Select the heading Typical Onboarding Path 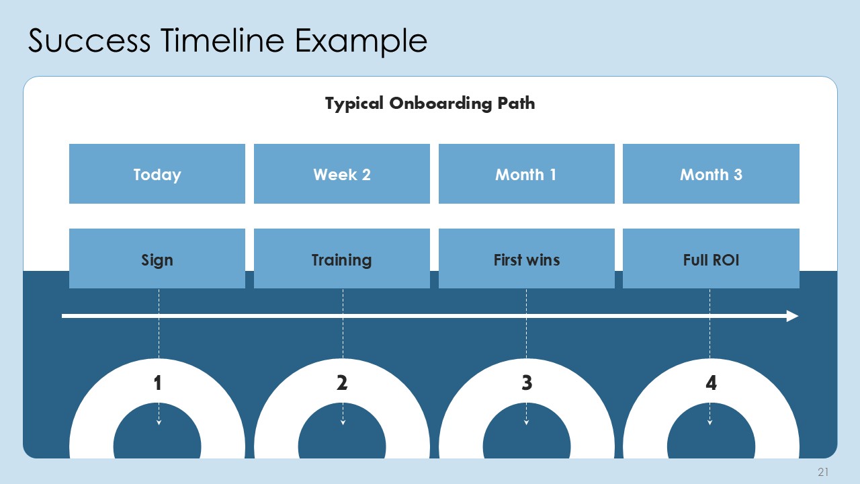point(430,104)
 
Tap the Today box point(157,174)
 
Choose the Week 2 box point(342,174)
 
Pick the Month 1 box point(526,174)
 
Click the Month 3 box point(711,174)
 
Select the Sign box point(157,259)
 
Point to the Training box point(342,259)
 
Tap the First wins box point(526,259)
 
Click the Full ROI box point(711,259)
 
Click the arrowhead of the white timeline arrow point(793,316)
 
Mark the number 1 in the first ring point(157,383)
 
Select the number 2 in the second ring point(342,383)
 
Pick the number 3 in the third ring point(527,383)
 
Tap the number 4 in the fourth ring point(711,383)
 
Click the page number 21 point(823,472)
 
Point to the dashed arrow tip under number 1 point(159,422)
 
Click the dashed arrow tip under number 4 point(710,422)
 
